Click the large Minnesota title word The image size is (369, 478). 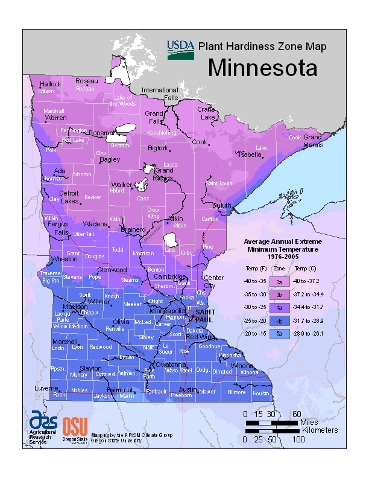click(262, 68)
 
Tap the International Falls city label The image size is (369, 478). click(160, 94)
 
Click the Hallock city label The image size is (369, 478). click(51, 84)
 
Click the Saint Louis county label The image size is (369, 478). click(219, 183)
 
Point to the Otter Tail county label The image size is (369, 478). click(84, 234)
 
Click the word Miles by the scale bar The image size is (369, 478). click(309, 422)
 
